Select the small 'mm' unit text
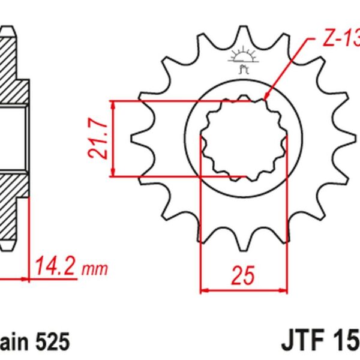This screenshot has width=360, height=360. point(91,268)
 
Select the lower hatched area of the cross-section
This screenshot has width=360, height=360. point(12,204)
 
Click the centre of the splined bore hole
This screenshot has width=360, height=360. point(242,139)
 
